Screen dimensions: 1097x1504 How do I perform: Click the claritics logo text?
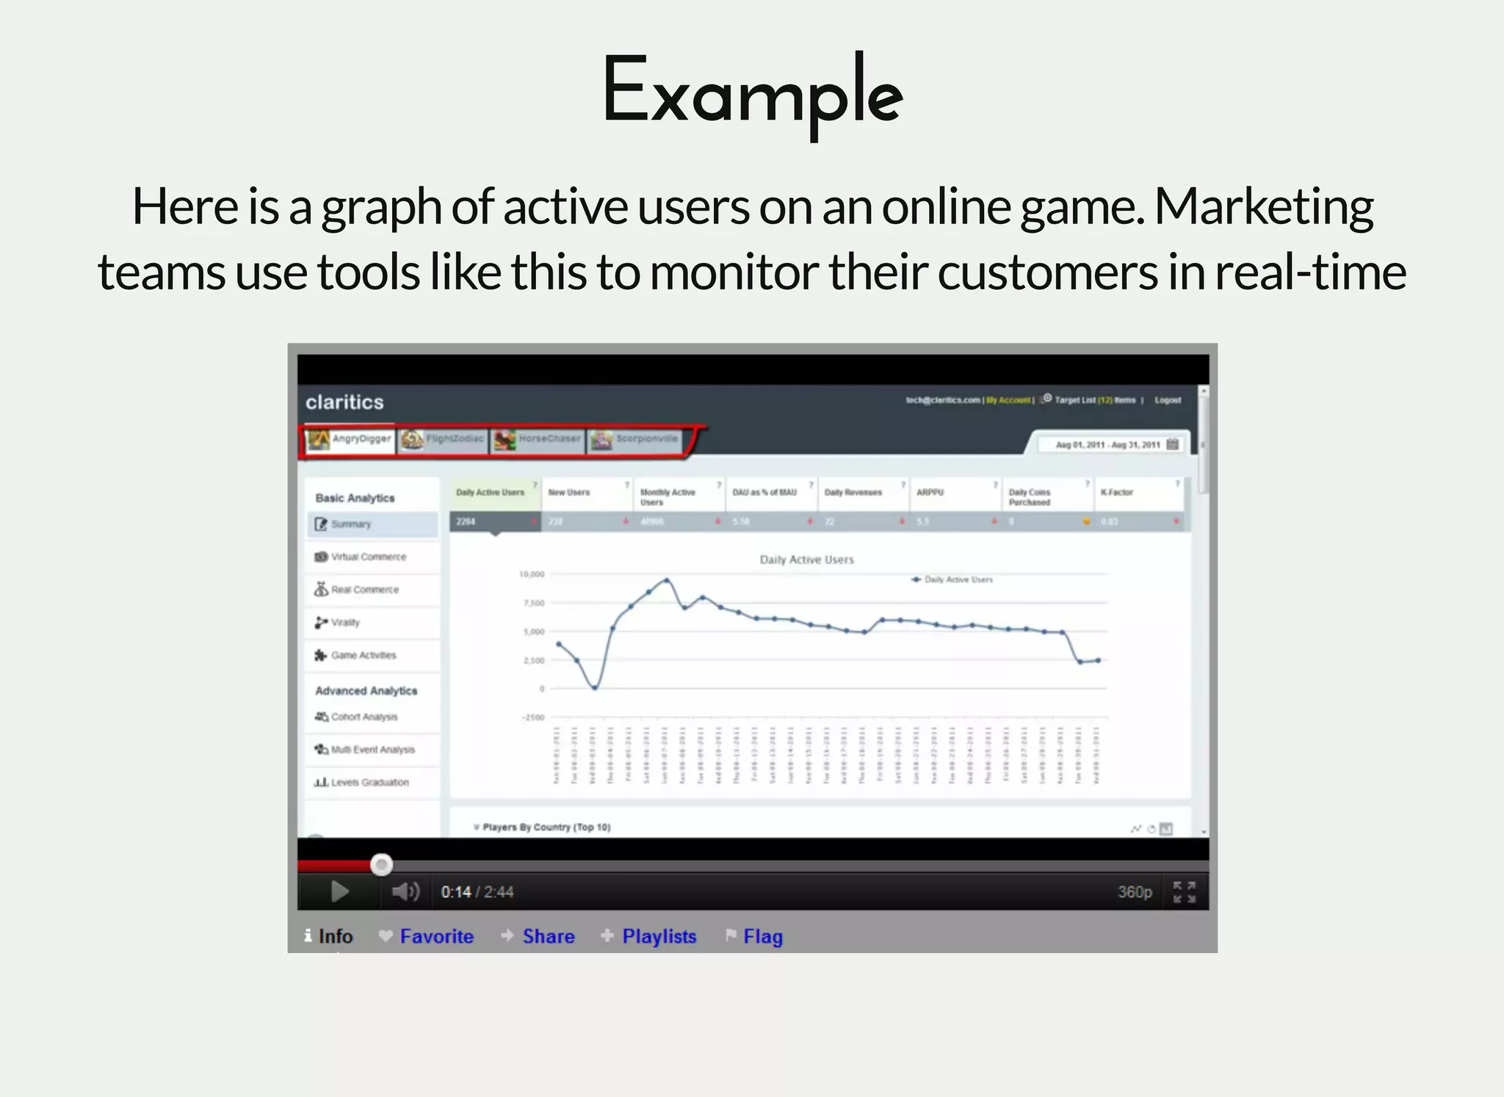[344, 402]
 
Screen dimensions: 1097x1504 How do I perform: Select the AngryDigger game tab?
[350, 439]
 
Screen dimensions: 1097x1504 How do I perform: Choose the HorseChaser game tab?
[538, 439]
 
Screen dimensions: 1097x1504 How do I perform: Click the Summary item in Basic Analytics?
[350, 524]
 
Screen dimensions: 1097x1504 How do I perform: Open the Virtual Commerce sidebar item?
[368, 557]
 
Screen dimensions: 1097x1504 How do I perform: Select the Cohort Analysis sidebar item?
[364, 717]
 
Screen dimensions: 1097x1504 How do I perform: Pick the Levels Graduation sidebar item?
[369, 782]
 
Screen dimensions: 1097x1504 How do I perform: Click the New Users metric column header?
[569, 493]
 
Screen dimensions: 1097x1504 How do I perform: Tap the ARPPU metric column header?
[930, 493]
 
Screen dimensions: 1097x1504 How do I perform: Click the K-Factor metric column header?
[1116, 493]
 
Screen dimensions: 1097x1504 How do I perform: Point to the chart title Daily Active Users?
[806, 560]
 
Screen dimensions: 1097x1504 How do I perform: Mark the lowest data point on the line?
[595, 688]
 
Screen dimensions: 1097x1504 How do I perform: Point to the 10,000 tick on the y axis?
[532, 574]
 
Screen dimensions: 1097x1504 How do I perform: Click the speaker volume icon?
[405, 891]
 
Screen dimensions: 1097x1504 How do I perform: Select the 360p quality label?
[1135, 891]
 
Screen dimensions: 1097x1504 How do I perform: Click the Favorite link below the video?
[436, 936]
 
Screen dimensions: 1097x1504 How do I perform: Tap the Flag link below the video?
[762, 936]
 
